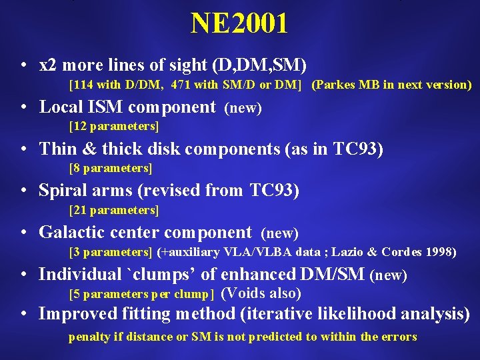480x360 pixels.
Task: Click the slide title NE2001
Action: click(x=239, y=24)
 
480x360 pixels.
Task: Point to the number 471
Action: click(x=182, y=85)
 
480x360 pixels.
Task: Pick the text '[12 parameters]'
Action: click(x=113, y=126)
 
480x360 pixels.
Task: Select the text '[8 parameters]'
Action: click(x=111, y=168)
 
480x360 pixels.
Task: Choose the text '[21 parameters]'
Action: click(x=113, y=210)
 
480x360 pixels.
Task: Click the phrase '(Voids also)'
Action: click(x=261, y=293)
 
